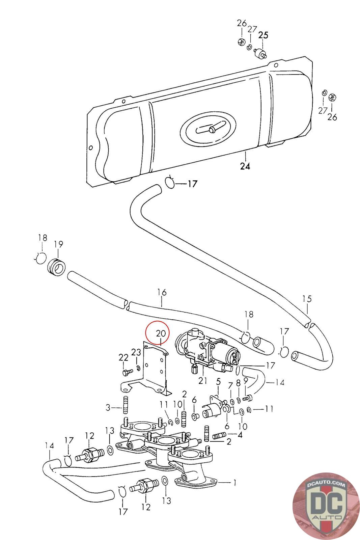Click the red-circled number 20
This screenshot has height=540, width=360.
click(161, 333)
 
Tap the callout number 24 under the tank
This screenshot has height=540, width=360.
click(245, 166)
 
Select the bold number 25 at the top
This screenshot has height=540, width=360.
click(263, 35)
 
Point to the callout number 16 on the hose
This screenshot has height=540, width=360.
click(162, 292)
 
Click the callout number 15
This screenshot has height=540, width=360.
click(307, 299)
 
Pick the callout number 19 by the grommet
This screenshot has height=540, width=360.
click(58, 244)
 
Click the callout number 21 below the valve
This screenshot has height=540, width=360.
click(203, 381)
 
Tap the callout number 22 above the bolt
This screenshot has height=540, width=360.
click(123, 357)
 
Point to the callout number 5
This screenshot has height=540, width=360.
click(218, 382)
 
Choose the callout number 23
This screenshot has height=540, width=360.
click(136, 352)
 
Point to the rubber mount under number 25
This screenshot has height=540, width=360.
click(260, 53)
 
